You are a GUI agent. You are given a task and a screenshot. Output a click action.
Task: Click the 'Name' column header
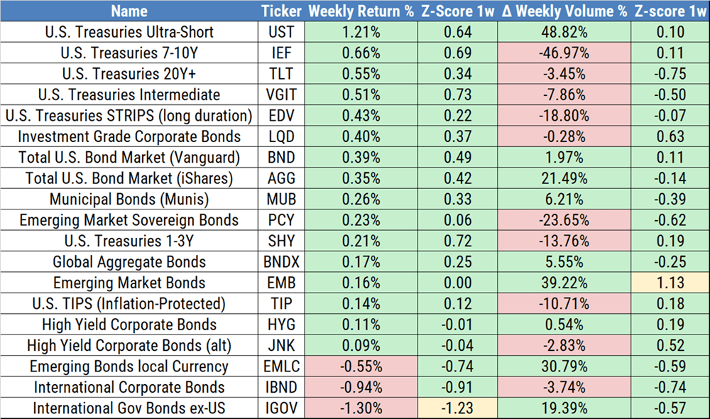click(x=129, y=11)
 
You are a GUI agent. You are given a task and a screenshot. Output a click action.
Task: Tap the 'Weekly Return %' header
click(x=360, y=11)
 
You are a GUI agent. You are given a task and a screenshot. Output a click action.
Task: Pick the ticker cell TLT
click(x=280, y=74)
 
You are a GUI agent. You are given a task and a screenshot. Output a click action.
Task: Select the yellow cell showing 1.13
click(x=671, y=283)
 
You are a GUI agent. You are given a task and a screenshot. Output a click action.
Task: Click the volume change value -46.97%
click(x=564, y=53)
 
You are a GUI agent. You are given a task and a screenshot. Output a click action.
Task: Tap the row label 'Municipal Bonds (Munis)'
click(x=129, y=200)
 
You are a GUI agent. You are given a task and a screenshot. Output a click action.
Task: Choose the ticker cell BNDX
click(x=280, y=262)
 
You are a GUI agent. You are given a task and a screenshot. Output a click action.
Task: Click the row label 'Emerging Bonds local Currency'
click(x=129, y=366)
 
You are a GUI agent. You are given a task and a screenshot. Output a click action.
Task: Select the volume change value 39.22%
click(x=564, y=283)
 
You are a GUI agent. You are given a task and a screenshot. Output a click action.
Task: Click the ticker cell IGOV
click(x=280, y=408)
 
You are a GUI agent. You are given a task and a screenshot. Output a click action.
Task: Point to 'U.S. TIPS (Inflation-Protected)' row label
click(x=129, y=304)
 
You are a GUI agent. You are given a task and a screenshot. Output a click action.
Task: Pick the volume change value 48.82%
click(x=564, y=33)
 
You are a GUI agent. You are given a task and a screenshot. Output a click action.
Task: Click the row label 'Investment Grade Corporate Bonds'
click(x=129, y=136)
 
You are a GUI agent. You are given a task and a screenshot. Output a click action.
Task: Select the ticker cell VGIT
click(x=280, y=95)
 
